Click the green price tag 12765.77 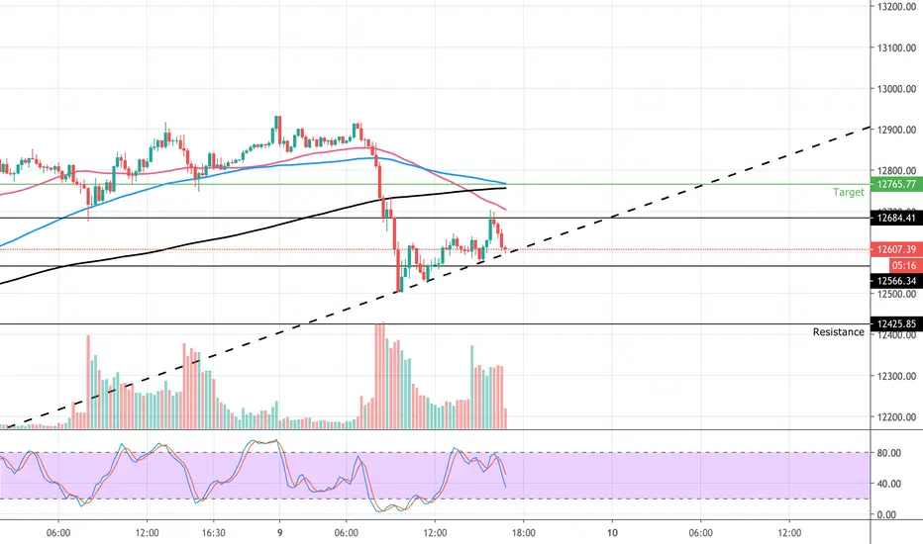tap(896, 184)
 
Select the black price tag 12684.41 tap(896, 219)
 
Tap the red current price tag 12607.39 tap(896, 249)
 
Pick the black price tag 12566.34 tap(896, 281)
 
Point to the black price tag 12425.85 tap(896, 324)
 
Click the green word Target tap(849, 192)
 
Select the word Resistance tap(838, 332)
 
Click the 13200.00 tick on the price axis tap(896, 7)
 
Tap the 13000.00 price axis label tap(896, 89)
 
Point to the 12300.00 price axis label tap(896, 376)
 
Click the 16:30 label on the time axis tap(213, 533)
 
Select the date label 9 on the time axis tap(279, 533)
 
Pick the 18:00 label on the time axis tap(523, 533)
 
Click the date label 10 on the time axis tap(612, 533)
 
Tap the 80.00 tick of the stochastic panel tap(889, 453)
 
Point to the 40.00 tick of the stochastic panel tap(889, 484)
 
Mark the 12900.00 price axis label tap(896, 130)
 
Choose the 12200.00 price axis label tap(896, 417)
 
